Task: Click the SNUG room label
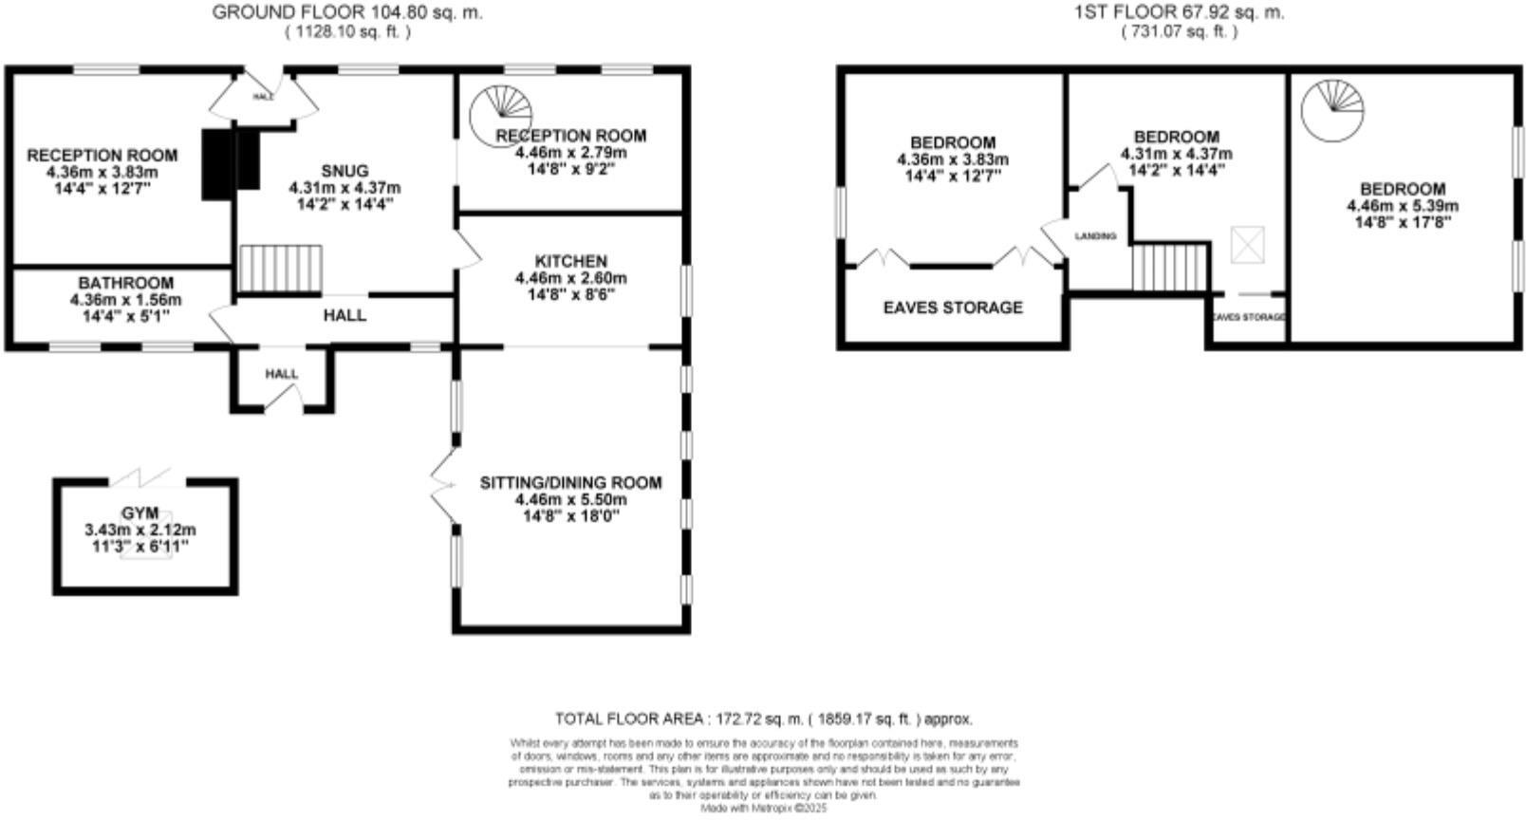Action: click(x=344, y=171)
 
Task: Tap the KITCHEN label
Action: click(x=570, y=261)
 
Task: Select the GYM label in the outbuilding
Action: click(x=140, y=512)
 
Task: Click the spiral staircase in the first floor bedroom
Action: click(x=1332, y=108)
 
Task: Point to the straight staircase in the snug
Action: click(x=280, y=269)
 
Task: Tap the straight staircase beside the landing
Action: click(x=1170, y=267)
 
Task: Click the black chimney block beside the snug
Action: click(x=230, y=162)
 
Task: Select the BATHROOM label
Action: click(x=125, y=283)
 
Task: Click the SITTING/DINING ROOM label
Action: click(x=570, y=482)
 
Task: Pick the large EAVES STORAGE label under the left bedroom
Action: click(x=953, y=307)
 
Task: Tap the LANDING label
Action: click(x=1095, y=235)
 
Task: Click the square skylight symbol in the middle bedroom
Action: click(x=1245, y=245)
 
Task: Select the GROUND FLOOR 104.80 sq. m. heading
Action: click(x=347, y=12)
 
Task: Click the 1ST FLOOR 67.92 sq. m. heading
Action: click(x=1179, y=12)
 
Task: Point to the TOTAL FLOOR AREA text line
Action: click(x=763, y=718)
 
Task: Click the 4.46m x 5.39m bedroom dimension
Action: click(x=1402, y=206)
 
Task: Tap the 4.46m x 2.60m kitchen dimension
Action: click(x=570, y=278)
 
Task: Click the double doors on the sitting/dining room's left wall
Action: click(x=442, y=485)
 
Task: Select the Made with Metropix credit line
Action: click(x=764, y=809)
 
